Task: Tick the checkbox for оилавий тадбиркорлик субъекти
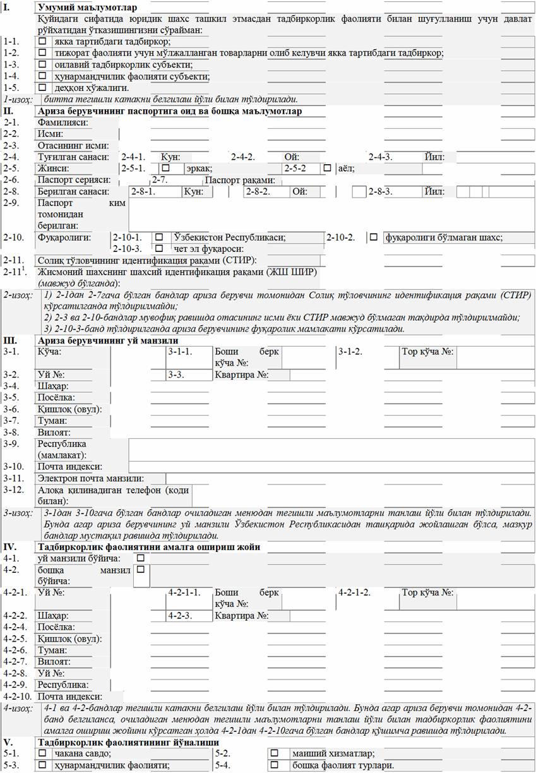(42, 64)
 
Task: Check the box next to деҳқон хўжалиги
(42, 88)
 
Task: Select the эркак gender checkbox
(165, 169)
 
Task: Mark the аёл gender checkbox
(327, 169)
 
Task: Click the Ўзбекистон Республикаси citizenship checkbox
(159, 237)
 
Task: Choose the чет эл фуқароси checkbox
(159, 248)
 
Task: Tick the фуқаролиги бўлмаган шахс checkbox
(374, 237)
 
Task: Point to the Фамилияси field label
(63, 123)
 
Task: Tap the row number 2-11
(13, 260)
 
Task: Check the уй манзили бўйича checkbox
(140, 558)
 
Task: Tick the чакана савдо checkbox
(42, 753)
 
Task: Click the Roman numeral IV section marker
(10, 546)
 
